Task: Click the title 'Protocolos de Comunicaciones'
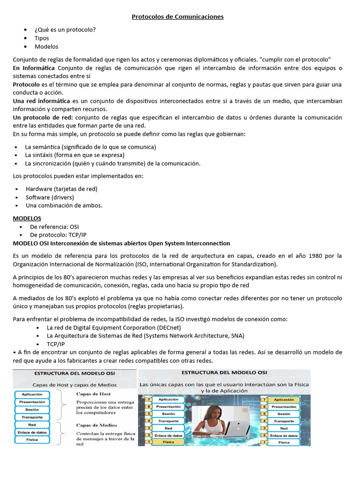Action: (178, 17)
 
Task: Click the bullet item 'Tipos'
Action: (42, 38)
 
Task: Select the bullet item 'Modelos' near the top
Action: (46, 46)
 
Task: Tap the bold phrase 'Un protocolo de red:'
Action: (43, 117)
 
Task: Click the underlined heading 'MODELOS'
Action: (27, 218)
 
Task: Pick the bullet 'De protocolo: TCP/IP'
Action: (58, 234)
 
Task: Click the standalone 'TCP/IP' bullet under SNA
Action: (56, 344)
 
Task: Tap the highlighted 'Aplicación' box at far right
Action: (284, 400)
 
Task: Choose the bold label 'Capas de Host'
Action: (94, 394)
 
